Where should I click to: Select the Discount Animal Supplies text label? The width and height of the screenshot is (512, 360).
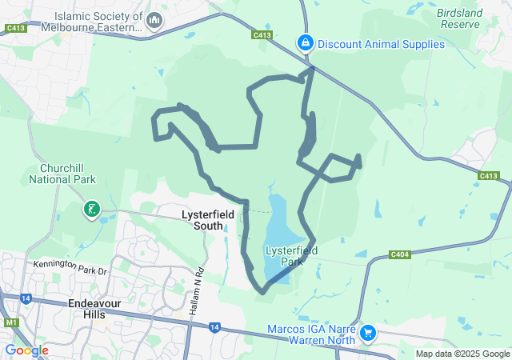pyautogui.click(x=381, y=44)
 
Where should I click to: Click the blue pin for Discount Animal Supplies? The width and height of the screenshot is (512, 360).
pyautogui.click(x=305, y=42)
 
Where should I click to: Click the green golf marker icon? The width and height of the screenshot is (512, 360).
pyautogui.click(x=92, y=210)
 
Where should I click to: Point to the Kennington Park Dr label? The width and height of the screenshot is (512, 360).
pyautogui.click(x=70, y=267)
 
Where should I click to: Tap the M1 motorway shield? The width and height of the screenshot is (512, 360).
pyautogui.click(x=11, y=322)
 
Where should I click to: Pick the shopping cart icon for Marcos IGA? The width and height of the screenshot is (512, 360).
pyautogui.click(x=368, y=331)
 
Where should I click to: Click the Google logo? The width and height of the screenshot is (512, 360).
pyautogui.click(x=26, y=350)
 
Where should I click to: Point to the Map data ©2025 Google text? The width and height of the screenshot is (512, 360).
pyautogui.click(x=462, y=354)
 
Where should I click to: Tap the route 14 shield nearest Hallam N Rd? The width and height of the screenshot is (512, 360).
pyautogui.click(x=214, y=326)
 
